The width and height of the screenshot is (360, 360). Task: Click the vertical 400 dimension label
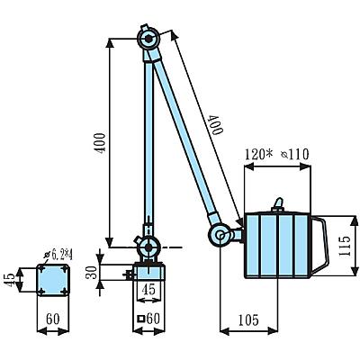pyautogui.click(x=101, y=143)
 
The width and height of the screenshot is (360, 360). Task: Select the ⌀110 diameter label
pyautogui.click(x=295, y=155)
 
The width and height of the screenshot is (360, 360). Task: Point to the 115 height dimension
pyautogui.click(x=345, y=246)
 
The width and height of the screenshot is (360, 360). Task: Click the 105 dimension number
pyautogui.click(x=248, y=320)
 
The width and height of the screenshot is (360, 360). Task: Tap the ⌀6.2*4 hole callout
pyautogui.click(x=58, y=255)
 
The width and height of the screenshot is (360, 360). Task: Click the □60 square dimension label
pyautogui.click(x=148, y=319)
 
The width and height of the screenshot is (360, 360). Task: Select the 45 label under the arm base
pyautogui.click(x=148, y=289)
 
